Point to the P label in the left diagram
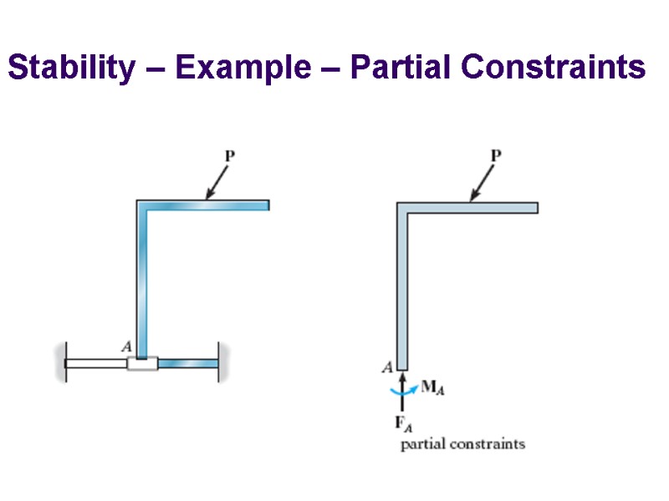point(228,154)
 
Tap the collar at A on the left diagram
point(142,363)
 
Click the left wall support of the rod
point(60,363)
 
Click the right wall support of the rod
point(220,363)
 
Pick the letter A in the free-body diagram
point(387,366)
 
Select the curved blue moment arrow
point(401,390)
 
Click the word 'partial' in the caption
point(424,444)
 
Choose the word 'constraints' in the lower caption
point(488,444)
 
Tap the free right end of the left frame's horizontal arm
point(266,205)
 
